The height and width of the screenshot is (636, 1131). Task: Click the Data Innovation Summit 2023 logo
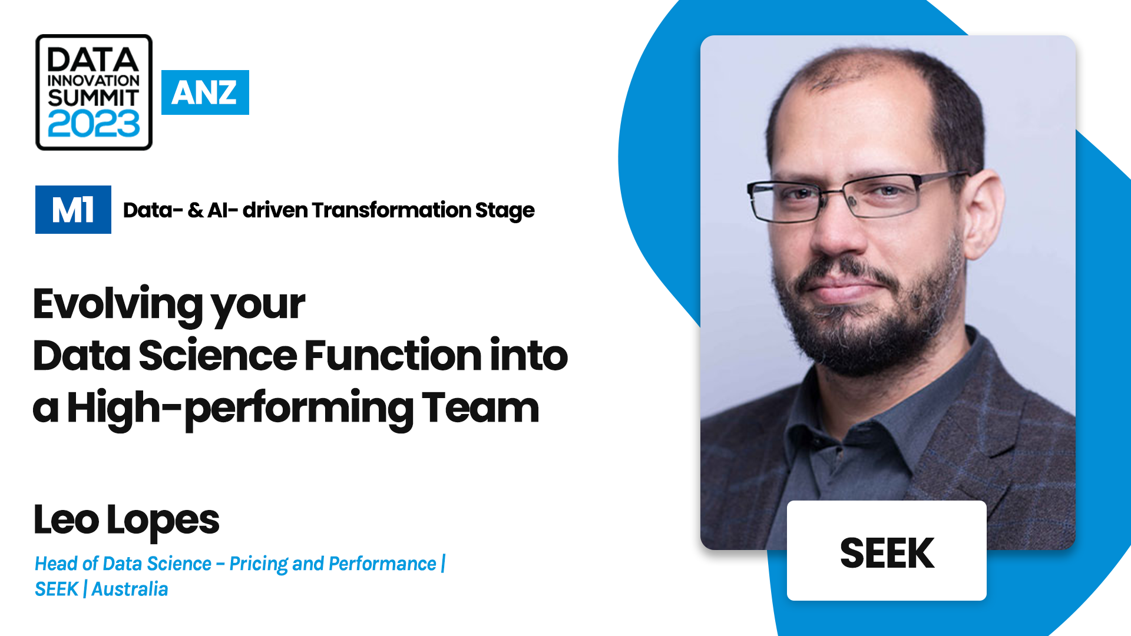[x=94, y=92]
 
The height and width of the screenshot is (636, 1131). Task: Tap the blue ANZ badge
[x=205, y=92]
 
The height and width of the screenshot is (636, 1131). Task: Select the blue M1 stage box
[x=73, y=210]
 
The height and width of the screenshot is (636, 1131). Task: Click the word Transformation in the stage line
[x=391, y=210]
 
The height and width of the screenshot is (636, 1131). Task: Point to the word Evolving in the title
[x=118, y=304]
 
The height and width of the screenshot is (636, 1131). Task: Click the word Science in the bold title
[x=217, y=356]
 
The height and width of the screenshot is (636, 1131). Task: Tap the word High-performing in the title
[x=240, y=409]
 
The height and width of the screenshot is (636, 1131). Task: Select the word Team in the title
[x=480, y=408]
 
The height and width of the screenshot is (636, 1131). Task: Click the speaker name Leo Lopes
[x=126, y=520]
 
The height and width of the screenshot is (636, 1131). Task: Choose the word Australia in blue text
[x=130, y=589]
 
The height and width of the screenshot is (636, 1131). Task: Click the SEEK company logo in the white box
[x=887, y=553]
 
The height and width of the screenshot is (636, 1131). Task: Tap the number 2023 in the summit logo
[x=94, y=124]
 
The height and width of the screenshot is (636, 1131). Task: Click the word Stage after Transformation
[x=505, y=211]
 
